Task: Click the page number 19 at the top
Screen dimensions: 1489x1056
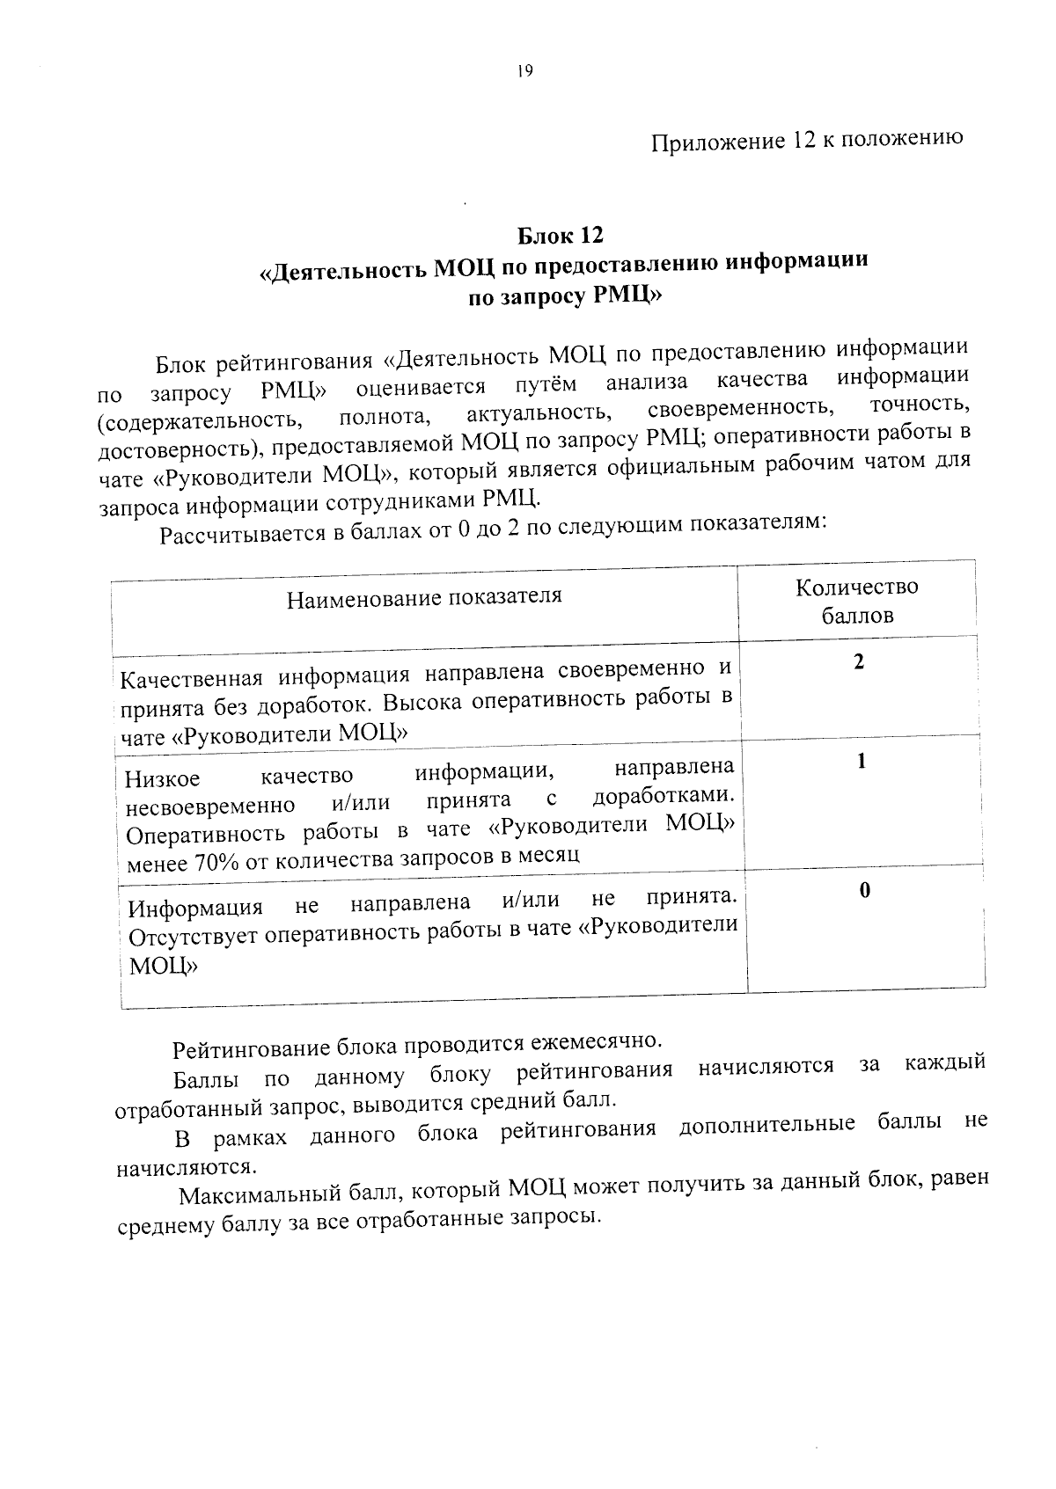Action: pyautogui.click(x=525, y=73)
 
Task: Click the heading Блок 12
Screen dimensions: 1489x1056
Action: pyautogui.click(x=560, y=236)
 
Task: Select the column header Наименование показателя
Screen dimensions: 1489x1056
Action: pyautogui.click(x=424, y=598)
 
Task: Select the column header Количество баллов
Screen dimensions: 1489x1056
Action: pyautogui.click(x=857, y=601)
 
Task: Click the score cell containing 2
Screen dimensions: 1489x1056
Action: pyautogui.click(x=859, y=662)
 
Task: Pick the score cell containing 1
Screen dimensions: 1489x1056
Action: pyautogui.click(x=862, y=761)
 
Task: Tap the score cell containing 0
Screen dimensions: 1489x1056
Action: pyautogui.click(x=864, y=891)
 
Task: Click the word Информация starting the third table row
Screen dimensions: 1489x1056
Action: pyautogui.click(x=195, y=907)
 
